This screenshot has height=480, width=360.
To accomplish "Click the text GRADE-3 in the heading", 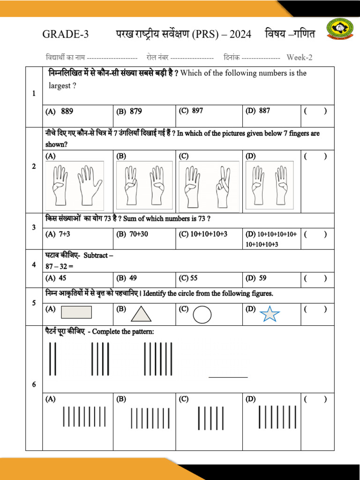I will [x=65, y=34].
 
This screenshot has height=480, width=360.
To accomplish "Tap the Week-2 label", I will [x=300, y=58].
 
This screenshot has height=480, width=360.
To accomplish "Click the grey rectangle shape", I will [x=76, y=312].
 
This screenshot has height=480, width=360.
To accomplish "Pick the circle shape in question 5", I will [x=202, y=315].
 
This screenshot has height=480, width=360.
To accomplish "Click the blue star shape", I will [x=270, y=314].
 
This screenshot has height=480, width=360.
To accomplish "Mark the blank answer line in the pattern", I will [x=228, y=376].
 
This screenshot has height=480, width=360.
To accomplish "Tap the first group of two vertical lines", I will [x=52, y=359].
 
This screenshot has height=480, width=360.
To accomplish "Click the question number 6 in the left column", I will [x=34, y=385].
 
